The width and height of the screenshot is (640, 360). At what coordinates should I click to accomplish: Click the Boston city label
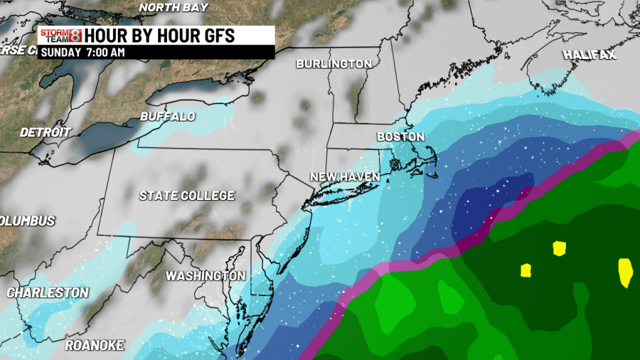tap(400, 137)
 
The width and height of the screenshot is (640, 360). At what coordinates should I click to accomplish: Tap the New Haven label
tap(345, 176)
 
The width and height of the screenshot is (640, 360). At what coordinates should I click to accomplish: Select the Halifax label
tap(590, 55)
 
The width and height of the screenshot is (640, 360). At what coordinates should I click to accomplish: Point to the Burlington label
tap(334, 64)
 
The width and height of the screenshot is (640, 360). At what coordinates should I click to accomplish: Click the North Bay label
tap(174, 7)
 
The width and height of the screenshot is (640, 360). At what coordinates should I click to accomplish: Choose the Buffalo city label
tap(167, 116)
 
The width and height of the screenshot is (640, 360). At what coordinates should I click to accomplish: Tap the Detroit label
tap(46, 132)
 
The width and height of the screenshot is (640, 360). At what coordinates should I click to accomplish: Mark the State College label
tap(186, 195)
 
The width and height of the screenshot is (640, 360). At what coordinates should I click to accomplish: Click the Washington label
tap(206, 275)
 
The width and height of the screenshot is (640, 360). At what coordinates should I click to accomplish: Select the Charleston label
tap(48, 292)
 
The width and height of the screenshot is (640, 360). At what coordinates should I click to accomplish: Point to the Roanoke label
tap(95, 346)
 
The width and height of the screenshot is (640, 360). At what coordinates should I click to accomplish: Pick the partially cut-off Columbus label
tap(27, 221)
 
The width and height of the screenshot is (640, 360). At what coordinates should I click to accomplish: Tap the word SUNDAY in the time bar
tap(61, 52)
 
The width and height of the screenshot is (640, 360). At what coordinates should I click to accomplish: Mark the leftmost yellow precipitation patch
tap(526, 270)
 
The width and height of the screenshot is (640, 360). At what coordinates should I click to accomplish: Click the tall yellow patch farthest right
tap(626, 272)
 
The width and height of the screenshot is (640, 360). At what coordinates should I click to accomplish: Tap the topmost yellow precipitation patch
tap(559, 248)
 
